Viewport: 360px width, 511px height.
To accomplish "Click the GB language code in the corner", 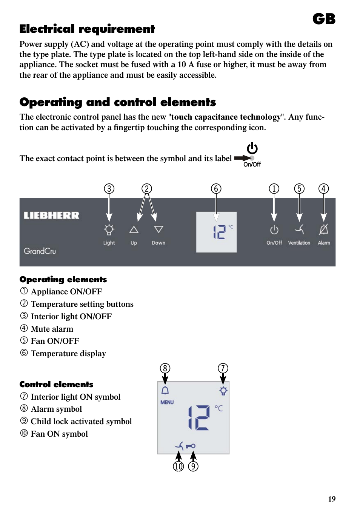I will tap(324, 19).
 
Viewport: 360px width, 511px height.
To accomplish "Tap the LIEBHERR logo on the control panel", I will tap(51, 215).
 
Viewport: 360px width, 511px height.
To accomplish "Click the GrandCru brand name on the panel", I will tap(40, 251).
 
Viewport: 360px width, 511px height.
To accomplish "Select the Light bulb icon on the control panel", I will tap(109, 229).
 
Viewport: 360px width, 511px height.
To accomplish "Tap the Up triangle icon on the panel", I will tap(134, 229).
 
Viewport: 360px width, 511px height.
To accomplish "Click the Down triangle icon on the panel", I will tap(158, 229).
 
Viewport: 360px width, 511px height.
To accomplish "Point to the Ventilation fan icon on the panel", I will tap(299, 229).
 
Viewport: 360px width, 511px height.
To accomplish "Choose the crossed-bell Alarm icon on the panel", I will tap(324, 229).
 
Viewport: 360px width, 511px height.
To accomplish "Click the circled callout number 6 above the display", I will tap(216, 189).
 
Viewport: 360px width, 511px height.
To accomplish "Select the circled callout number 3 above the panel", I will tap(109, 189).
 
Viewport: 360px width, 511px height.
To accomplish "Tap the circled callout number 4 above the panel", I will tap(323, 189).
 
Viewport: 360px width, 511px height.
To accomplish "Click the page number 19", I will tap(332, 499).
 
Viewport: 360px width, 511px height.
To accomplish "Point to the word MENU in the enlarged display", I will tap(167, 402).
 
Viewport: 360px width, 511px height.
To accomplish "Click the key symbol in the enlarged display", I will tap(191, 446).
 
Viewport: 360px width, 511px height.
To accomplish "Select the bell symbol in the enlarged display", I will tap(165, 390).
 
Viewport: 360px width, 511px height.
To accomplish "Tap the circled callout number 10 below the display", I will tap(178, 466).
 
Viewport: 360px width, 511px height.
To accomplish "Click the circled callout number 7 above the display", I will tap(223, 368).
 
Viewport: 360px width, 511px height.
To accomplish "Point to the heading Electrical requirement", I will tap(87, 29).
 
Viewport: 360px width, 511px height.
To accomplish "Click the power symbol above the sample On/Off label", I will tap(252, 148).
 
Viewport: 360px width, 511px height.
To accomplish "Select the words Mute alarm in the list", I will tap(52, 329).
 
